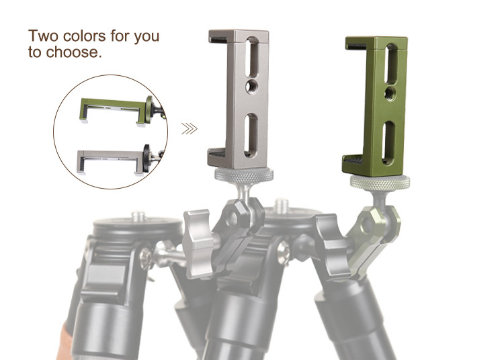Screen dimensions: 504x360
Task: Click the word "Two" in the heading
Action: (x=44, y=36)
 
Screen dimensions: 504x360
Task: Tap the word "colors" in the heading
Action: (x=85, y=36)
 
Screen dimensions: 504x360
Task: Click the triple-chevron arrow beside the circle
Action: (x=190, y=128)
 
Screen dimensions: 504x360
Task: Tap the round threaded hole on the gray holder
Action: (x=251, y=85)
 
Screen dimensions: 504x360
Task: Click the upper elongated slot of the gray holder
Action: (x=252, y=56)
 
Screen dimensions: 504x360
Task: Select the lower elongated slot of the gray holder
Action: (x=251, y=135)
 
